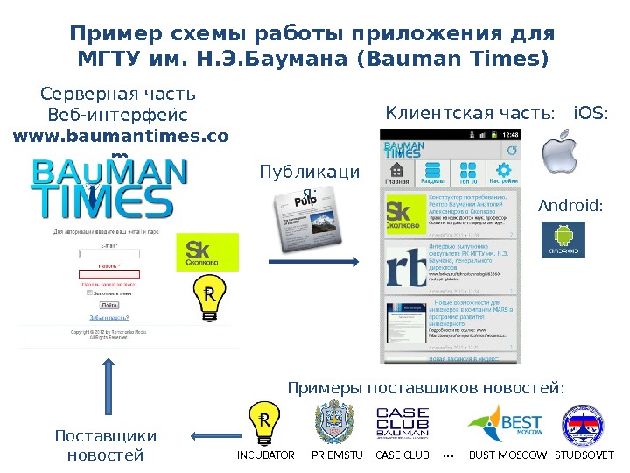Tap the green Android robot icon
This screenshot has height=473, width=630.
tap(563, 239)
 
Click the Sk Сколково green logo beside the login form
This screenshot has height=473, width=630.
tap(207, 251)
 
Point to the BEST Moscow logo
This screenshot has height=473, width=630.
tap(506, 425)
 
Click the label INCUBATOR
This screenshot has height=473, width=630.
tap(266, 455)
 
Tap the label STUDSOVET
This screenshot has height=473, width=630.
tap(585, 455)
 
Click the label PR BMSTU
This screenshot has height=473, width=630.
tap(336, 455)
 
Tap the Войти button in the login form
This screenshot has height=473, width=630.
tap(109, 305)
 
